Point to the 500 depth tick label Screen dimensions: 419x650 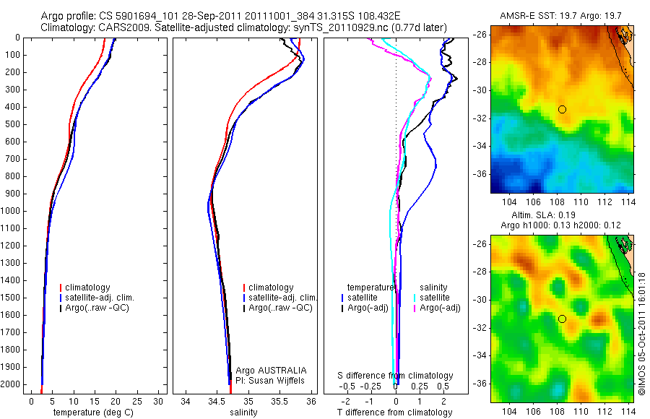tap(12, 124)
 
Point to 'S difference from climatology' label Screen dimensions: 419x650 tap(396, 376)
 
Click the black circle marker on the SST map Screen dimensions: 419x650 tap(562, 109)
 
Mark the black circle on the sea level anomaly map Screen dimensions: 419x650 tap(562, 319)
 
